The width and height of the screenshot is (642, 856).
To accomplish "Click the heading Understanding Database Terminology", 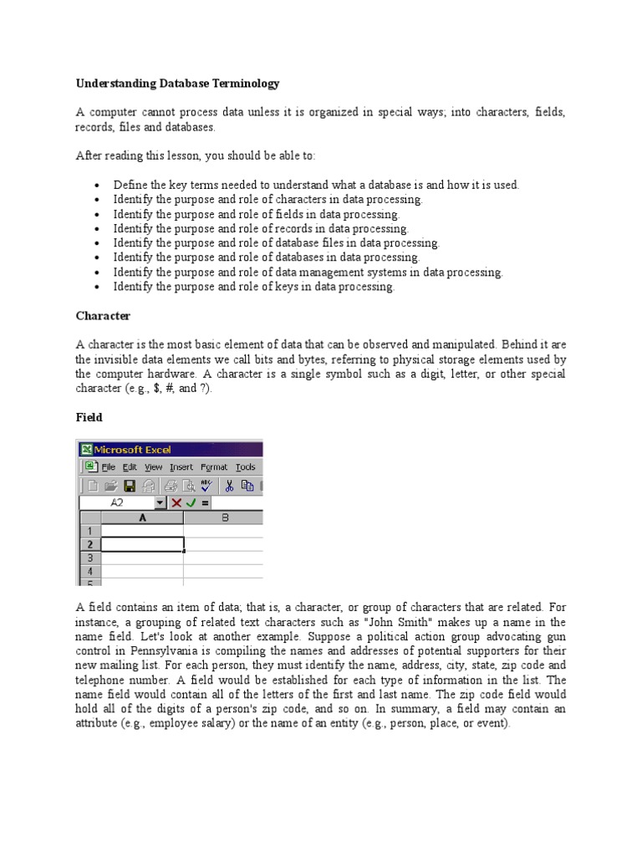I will pos(177,84).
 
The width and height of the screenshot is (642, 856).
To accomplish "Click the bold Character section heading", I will pos(104,316).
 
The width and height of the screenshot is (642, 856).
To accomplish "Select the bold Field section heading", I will pos(89,417).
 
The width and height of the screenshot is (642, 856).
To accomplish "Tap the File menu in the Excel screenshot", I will pos(109,467).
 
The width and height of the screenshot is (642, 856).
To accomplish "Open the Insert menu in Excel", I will pos(181,467).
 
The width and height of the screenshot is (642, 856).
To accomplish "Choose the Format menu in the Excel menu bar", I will pos(214,467).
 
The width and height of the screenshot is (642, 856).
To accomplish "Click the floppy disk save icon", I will pos(130,486).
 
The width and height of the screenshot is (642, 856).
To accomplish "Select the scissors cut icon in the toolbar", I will pos(228,486).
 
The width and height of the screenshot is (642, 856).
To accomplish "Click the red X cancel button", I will pos(176,503).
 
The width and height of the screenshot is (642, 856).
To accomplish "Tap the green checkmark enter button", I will pos(191,503).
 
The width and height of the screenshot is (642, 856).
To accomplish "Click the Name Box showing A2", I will pos(117,503).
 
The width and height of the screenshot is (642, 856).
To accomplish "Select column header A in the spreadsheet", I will pos(141,518).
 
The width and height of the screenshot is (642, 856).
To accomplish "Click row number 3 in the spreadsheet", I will pos(89,558).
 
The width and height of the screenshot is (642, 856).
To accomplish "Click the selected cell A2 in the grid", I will pos(141,544).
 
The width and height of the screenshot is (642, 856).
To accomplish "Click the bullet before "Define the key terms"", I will pos(98,185).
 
